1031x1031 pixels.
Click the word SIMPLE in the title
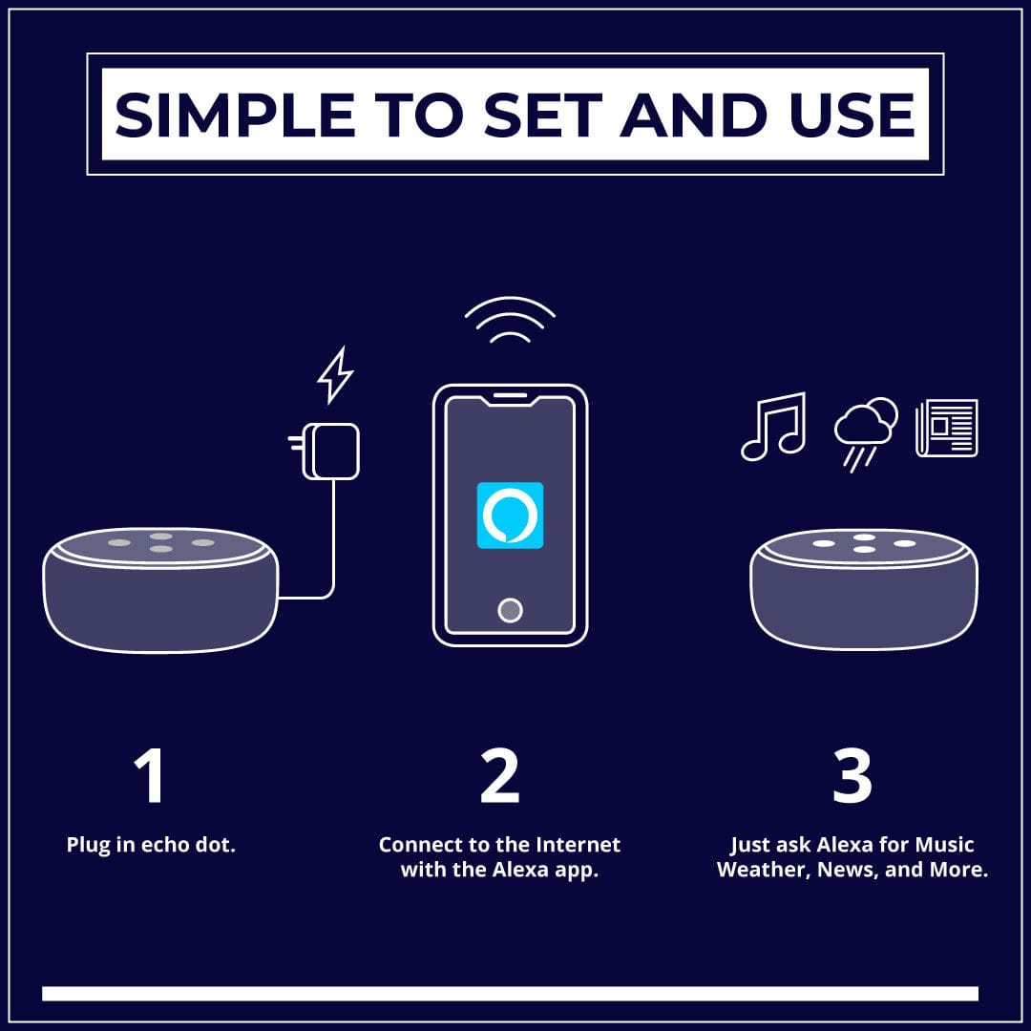(x=236, y=116)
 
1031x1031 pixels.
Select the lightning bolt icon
(x=335, y=375)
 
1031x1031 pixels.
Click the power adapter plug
(x=325, y=451)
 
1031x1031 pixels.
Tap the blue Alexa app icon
(x=510, y=515)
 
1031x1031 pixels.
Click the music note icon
(x=773, y=426)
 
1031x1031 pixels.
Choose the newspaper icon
(x=947, y=428)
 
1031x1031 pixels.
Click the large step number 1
(x=149, y=775)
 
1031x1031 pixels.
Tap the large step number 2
(x=499, y=775)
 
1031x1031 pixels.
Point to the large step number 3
(x=852, y=775)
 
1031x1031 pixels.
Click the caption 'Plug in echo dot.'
(x=151, y=845)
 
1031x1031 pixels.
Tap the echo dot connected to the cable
(x=160, y=590)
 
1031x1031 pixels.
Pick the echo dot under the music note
(x=864, y=589)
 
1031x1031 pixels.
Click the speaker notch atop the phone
(x=510, y=396)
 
